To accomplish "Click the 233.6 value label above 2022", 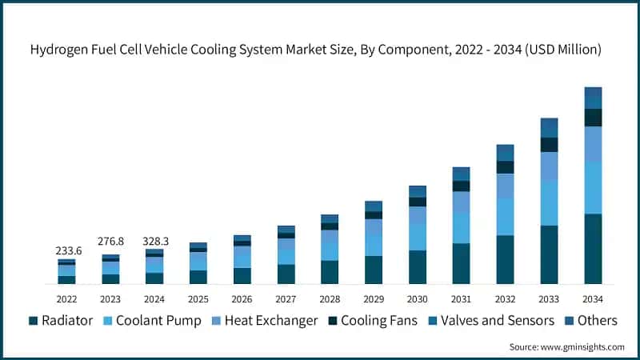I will coord(66,250).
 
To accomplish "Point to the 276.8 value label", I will coord(110,241).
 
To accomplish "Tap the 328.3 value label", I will coord(154,240).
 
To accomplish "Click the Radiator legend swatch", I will coord(33,321).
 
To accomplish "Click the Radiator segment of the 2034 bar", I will coord(593,249).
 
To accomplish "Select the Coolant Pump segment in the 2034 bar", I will coord(593,187).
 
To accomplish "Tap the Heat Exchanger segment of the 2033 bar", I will coord(549,166).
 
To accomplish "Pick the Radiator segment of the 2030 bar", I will coord(418,267).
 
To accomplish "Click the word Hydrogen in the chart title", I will coord(61,50).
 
